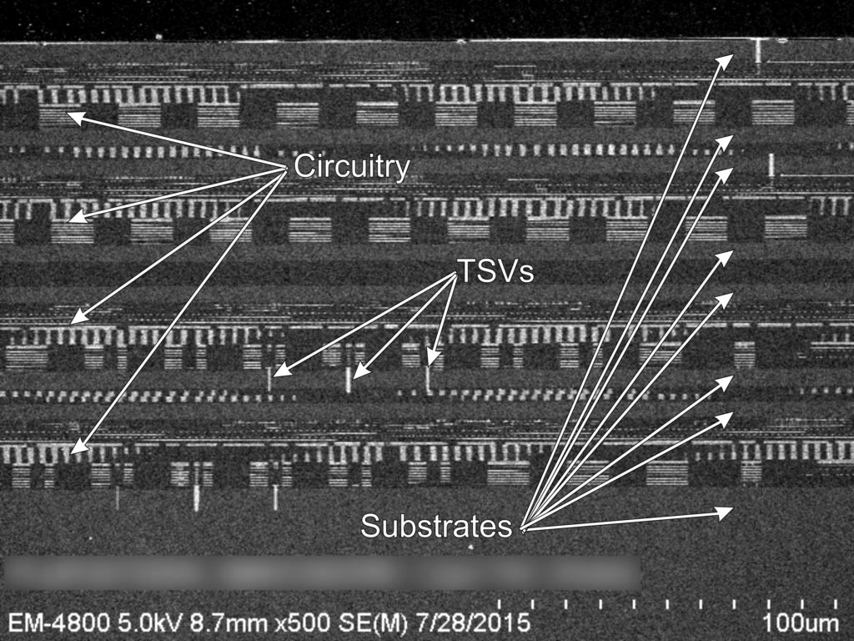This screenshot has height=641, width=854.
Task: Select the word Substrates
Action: point(435,526)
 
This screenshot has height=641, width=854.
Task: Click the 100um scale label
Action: point(800,623)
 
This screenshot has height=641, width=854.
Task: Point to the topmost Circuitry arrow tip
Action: point(68,114)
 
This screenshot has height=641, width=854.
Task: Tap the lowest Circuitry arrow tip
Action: point(73,452)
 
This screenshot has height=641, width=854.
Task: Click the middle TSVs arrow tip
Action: point(353,377)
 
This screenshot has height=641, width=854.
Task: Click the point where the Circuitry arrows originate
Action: point(286,169)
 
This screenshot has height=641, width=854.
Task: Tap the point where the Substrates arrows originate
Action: point(523,529)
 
